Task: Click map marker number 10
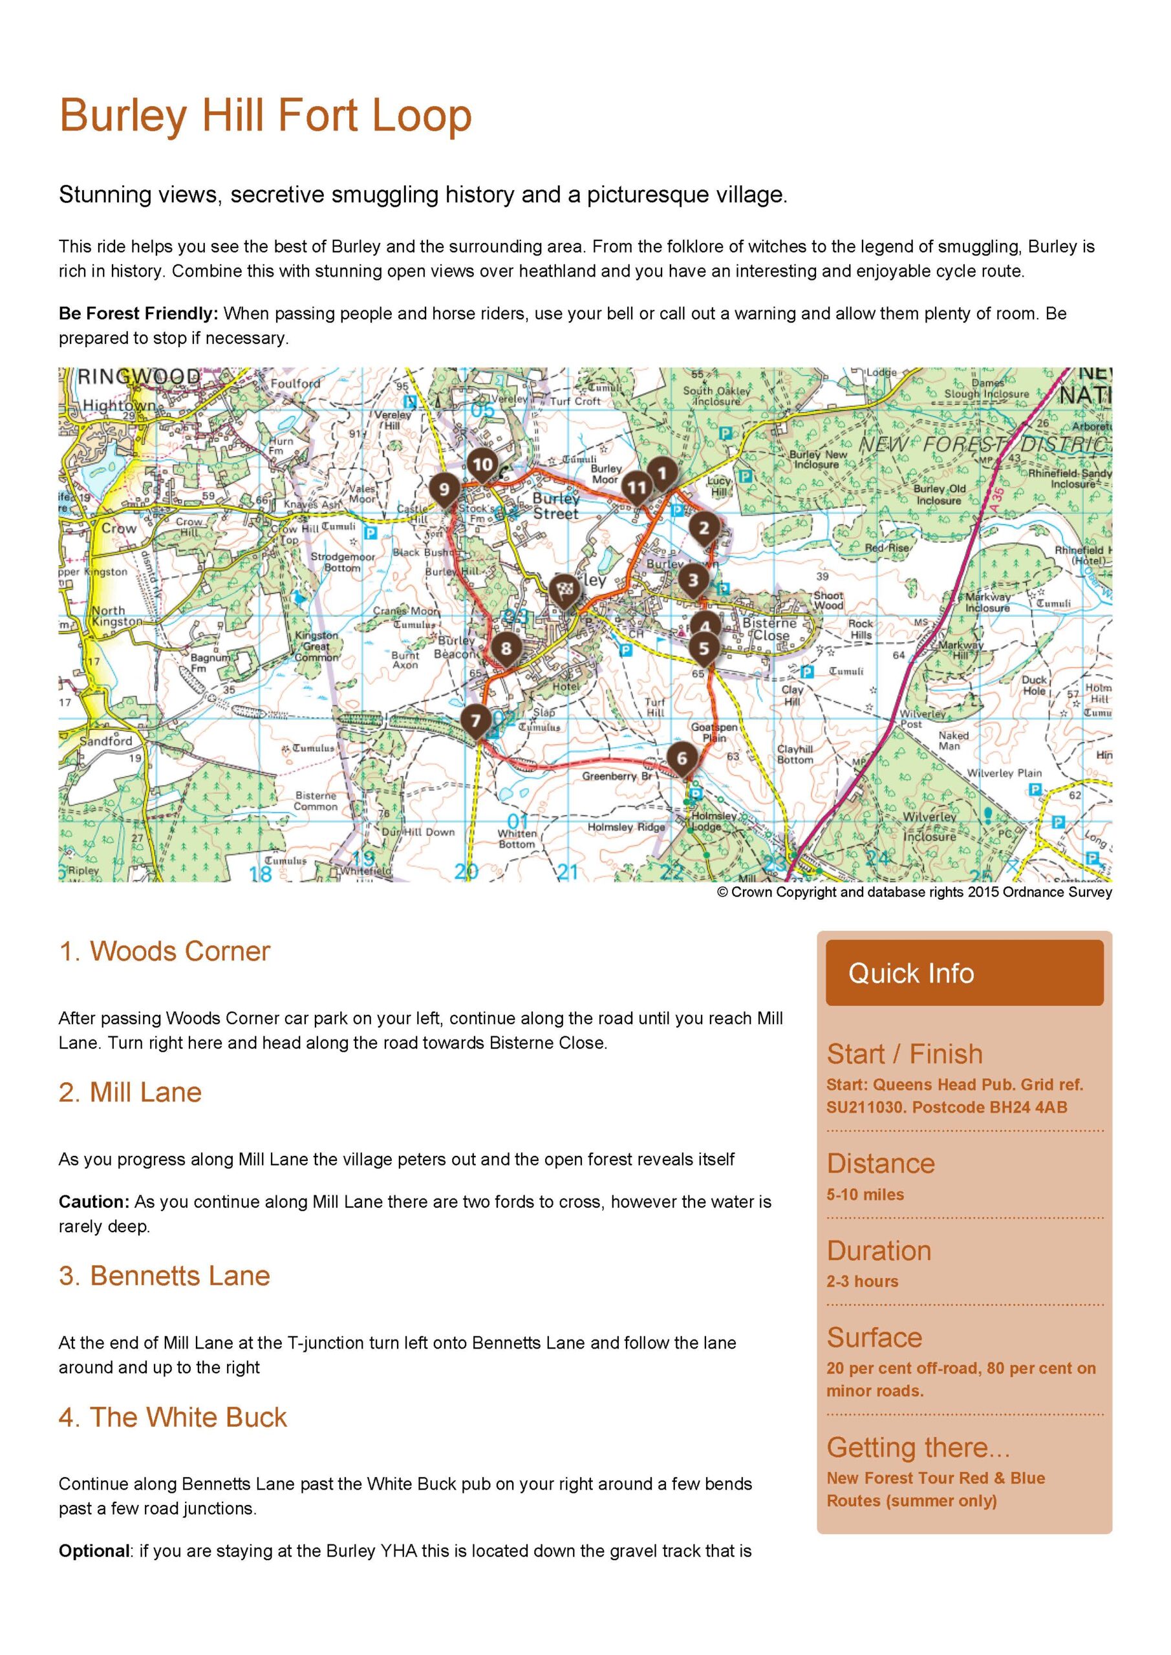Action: tap(482, 465)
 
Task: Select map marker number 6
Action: tap(682, 758)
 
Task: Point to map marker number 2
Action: tap(704, 528)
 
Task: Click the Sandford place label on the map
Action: tap(106, 741)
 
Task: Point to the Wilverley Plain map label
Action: tap(1004, 773)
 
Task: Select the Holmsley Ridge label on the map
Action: tap(626, 827)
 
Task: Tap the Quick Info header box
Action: tap(964, 972)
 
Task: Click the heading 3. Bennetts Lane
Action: tap(164, 1276)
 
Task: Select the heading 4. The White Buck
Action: tap(173, 1417)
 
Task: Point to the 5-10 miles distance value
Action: tap(865, 1195)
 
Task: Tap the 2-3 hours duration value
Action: tap(863, 1281)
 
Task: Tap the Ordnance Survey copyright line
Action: tap(914, 892)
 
